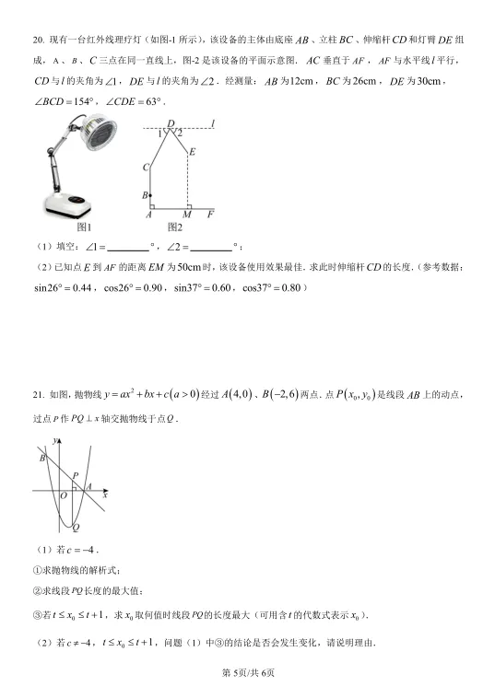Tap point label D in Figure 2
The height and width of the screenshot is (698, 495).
pos(170,122)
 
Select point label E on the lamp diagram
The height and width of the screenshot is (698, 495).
pos(193,152)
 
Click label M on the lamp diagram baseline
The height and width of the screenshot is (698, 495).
pos(187,215)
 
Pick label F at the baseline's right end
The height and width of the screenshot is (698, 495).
pos(210,215)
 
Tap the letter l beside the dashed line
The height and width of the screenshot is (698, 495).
pos(213,122)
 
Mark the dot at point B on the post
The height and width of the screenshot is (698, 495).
pos(152,195)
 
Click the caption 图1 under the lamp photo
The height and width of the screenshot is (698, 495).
pos(84,227)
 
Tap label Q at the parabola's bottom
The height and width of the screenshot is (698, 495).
pos(75,528)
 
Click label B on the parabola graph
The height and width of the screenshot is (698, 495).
pos(41,458)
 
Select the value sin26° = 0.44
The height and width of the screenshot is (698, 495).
pos(65,288)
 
